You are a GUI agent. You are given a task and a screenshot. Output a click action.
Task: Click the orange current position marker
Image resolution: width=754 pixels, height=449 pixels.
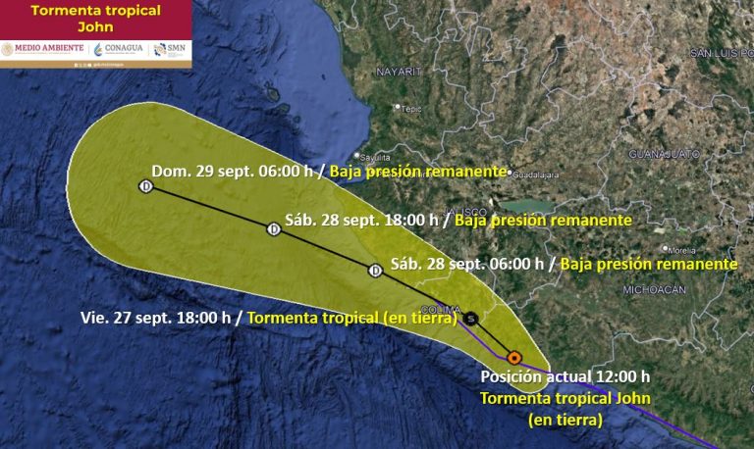[x=513, y=357]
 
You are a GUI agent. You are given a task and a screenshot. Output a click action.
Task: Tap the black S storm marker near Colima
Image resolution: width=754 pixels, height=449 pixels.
[x=472, y=318]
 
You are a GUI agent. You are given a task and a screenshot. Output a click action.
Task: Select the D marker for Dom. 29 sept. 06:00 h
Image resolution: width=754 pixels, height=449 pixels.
[x=146, y=186]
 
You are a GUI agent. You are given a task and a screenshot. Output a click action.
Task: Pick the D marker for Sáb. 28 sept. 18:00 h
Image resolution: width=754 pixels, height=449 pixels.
[x=274, y=229]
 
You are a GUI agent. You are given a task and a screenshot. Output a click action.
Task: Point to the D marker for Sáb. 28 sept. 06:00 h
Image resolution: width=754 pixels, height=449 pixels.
[x=374, y=270]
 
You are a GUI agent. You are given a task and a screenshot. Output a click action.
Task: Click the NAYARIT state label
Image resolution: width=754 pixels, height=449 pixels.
[x=398, y=72]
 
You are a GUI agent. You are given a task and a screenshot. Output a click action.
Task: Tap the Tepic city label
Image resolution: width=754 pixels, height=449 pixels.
[x=409, y=109]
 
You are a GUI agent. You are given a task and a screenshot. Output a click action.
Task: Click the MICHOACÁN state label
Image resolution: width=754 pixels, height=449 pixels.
[x=653, y=289]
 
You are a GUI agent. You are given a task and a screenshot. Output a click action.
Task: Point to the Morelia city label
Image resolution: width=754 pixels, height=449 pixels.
[x=682, y=249]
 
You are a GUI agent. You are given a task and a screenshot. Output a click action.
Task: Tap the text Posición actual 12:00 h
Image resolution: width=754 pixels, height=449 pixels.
[x=565, y=376]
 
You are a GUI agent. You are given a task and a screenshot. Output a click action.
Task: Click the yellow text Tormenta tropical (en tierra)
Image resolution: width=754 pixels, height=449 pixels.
[x=352, y=318]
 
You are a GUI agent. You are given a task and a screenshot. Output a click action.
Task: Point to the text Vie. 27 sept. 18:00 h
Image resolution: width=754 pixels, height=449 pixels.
[x=155, y=318]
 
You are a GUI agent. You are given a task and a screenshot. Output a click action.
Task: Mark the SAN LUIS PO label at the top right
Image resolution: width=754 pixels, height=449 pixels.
[x=720, y=52]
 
